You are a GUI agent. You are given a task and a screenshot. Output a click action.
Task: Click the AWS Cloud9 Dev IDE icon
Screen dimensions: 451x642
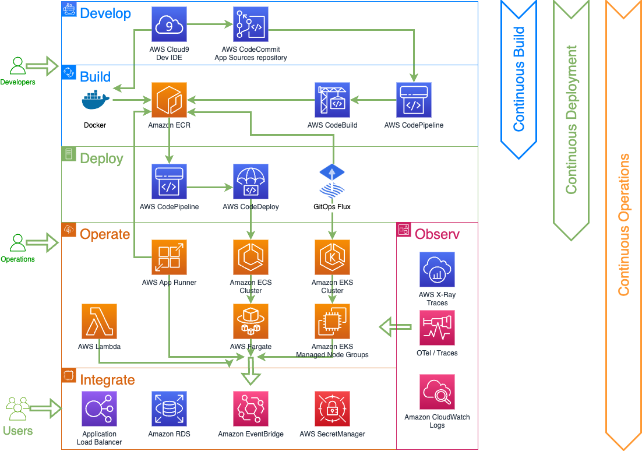click(x=169, y=24)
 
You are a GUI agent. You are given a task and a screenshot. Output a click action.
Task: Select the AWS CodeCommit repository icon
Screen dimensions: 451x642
click(x=251, y=24)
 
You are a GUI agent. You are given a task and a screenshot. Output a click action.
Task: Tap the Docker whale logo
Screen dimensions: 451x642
click(x=96, y=101)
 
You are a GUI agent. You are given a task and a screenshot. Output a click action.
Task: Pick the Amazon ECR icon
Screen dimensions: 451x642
click(x=169, y=100)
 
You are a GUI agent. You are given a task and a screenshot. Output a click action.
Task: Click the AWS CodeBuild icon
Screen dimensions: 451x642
click(x=332, y=100)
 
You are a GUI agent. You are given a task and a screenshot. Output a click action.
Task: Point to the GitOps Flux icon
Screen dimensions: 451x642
click(x=332, y=182)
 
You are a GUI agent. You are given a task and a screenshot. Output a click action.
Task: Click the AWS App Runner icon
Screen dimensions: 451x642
click(x=169, y=257)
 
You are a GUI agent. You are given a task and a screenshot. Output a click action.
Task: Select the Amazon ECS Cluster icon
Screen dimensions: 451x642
click(x=251, y=257)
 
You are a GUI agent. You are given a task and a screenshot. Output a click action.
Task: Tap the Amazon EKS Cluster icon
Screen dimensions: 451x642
click(x=332, y=257)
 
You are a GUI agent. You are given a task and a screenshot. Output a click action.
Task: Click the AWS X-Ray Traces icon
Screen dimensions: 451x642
click(x=437, y=270)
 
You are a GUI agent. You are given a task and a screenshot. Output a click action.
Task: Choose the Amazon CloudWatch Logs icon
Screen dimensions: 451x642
click(x=437, y=392)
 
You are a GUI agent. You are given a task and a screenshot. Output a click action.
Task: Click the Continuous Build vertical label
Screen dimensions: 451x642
click(x=518, y=79)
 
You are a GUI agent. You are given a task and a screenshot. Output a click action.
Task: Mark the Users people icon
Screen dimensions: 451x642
click(x=17, y=408)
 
